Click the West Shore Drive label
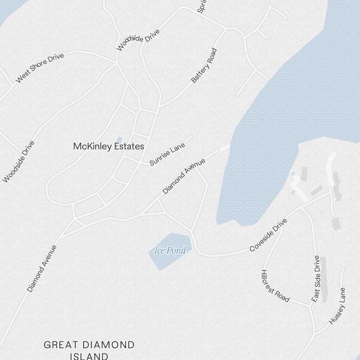[40, 68]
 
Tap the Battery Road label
[204, 66]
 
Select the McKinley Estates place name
[108, 147]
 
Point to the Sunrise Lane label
[167, 154]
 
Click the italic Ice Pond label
[170, 251]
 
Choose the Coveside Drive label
[268, 235]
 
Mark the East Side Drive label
[316, 279]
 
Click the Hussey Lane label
[337, 306]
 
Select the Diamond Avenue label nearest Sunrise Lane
[184, 176]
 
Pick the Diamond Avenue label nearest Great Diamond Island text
[42, 269]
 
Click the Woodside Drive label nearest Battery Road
[138, 40]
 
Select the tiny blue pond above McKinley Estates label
[119, 139]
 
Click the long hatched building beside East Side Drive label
[324, 279]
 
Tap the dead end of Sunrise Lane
[191, 137]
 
